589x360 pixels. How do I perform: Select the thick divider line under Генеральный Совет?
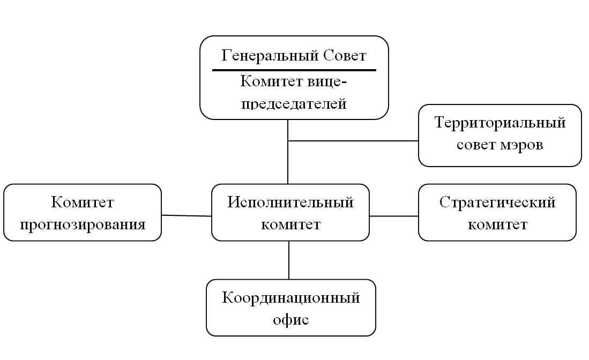294,70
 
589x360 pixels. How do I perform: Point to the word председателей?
294,103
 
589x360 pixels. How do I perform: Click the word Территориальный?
500,123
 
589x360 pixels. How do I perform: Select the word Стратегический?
497,202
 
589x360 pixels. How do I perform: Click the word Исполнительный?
290,202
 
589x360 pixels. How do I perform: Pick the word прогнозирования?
83,224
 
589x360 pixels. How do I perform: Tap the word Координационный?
290,298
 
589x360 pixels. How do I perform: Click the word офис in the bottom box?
290,320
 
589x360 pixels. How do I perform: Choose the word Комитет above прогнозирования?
83,202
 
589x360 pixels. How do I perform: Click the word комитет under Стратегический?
497,224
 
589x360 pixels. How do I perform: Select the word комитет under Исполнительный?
290,224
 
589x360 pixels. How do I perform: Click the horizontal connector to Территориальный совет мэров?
354,141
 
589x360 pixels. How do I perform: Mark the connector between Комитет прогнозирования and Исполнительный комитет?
187,216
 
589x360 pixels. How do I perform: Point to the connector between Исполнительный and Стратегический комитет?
394,216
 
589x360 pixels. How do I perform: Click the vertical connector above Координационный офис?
289,260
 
